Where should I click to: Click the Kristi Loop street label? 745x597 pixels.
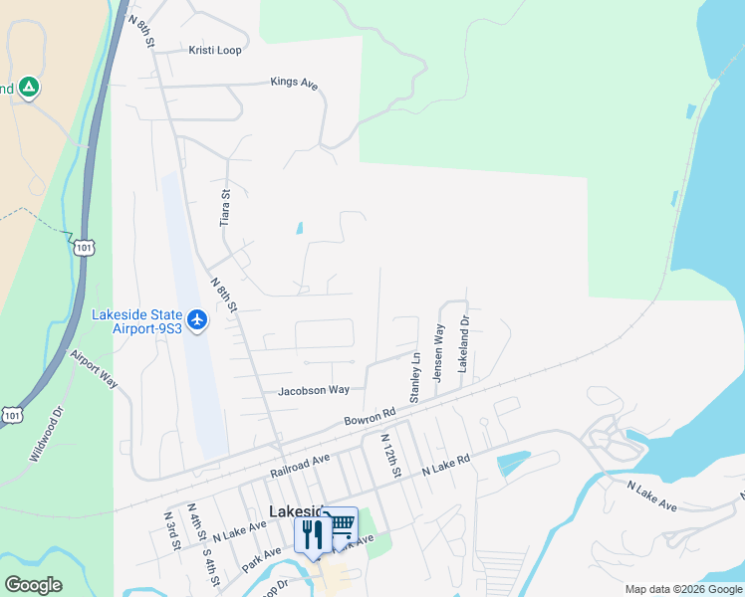[214, 50]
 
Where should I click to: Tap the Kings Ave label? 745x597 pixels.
[294, 84]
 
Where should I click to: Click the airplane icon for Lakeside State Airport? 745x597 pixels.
[196, 319]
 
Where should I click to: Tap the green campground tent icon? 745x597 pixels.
[30, 88]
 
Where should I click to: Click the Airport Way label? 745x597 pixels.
[94, 368]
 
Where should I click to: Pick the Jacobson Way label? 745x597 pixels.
[314, 390]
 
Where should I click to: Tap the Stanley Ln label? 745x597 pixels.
[416, 370]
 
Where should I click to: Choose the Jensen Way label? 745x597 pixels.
[438, 352]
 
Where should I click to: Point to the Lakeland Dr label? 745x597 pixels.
[463, 345]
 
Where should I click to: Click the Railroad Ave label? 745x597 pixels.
[299, 466]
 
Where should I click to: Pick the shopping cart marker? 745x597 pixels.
[341, 524]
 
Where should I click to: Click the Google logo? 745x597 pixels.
[33, 585]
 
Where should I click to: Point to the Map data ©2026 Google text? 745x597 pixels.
[682, 589]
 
